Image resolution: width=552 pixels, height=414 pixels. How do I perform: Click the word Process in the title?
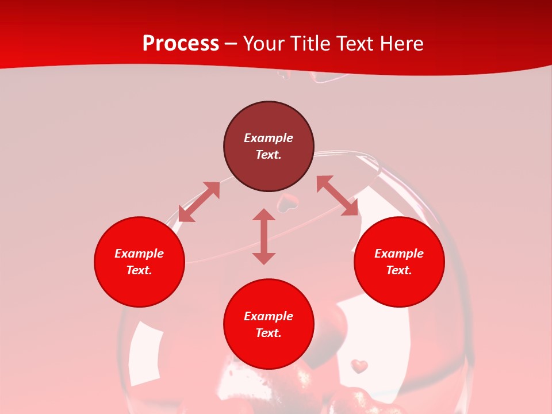[x=181, y=44]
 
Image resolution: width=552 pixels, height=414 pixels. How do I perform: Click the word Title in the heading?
[x=309, y=44]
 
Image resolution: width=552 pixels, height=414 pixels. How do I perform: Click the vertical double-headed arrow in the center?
[x=264, y=236]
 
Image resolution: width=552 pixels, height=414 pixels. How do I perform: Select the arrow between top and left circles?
[x=199, y=202]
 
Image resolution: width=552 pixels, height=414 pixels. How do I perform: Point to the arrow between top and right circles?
[x=337, y=196]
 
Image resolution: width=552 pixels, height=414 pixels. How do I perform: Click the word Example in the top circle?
[x=269, y=138]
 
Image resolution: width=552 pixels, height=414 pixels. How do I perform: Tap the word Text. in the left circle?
[x=139, y=270]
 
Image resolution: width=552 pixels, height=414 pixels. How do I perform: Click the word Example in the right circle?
[x=399, y=254]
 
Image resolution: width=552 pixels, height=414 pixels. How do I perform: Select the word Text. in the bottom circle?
[x=269, y=333]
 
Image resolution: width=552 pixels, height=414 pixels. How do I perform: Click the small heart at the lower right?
[x=359, y=366]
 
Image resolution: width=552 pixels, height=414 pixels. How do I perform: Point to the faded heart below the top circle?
[x=287, y=202]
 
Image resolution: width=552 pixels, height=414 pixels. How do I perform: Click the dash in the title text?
[x=231, y=44]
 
